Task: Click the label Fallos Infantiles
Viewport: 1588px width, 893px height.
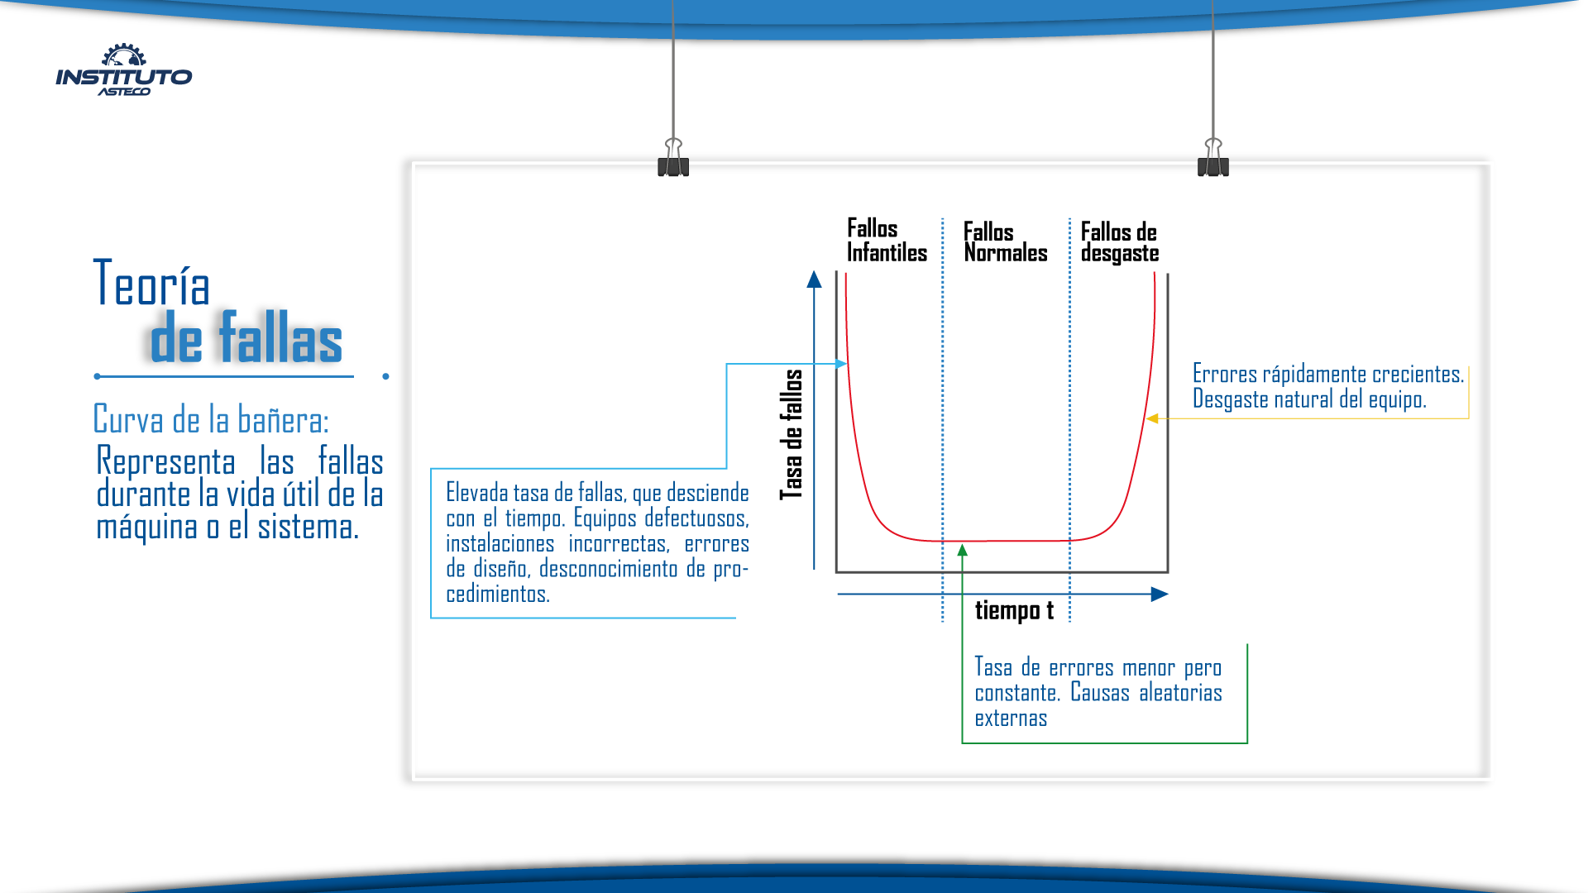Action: click(887, 240)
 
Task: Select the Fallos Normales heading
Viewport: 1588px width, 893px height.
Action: click(1006, 241)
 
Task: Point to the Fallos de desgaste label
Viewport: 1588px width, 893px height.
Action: click(1120, 241)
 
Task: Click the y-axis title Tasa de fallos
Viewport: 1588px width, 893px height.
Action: click(792, 435)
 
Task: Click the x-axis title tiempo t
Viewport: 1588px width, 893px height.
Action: click(1014, 610)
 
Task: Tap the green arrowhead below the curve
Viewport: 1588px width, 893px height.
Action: click(962, 550)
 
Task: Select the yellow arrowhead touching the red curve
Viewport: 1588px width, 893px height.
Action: click(1152, 418)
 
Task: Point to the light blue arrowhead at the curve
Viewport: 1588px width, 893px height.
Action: click(841, 364)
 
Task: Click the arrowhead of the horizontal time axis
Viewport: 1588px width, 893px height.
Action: click(1160, 594)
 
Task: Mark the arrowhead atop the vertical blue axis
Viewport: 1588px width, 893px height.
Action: click(815, 279)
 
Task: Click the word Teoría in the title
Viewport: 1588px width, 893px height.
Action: click(151, 283)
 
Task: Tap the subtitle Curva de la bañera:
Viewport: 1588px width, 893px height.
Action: click(211, 419)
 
